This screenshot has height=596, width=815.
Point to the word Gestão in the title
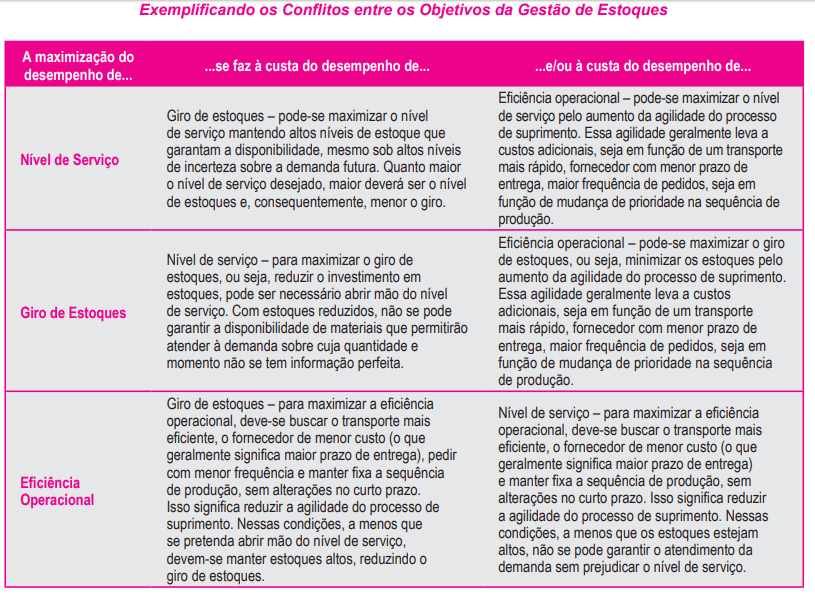coord(533,11)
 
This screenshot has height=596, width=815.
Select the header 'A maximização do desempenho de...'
coord(77,66)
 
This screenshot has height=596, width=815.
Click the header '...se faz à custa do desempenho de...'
coord(317,67)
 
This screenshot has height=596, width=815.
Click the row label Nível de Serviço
coord(69,160)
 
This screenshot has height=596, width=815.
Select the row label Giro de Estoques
coord(73,313)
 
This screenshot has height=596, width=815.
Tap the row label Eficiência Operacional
coord(57,491)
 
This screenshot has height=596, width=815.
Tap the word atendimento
coord(699,551)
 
